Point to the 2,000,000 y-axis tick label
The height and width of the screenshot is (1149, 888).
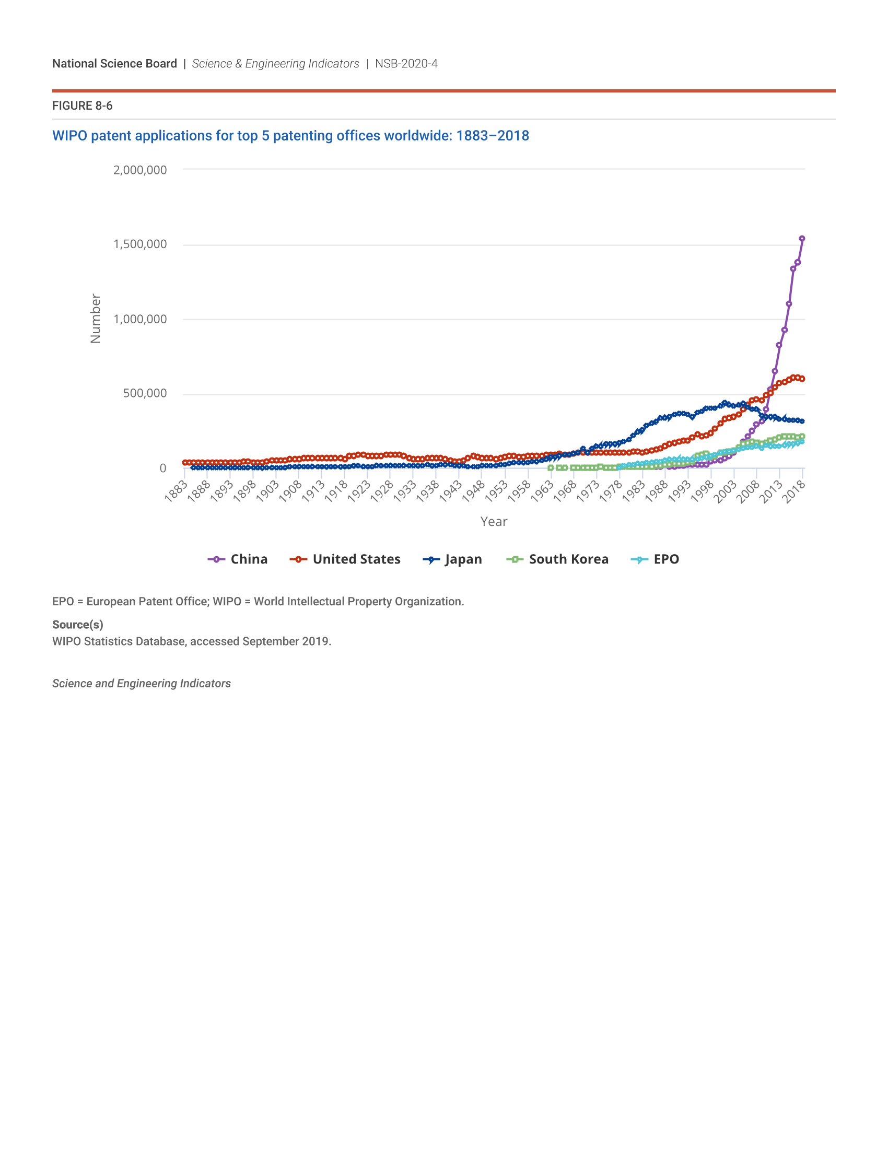(x=140, y=170)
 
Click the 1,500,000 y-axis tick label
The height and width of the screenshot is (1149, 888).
(x=140, y=244)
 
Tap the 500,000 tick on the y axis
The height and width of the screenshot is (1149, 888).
(x=145, y=393)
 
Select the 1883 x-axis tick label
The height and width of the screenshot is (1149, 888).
(x=176, y=491)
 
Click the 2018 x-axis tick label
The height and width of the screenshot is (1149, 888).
(x=794, y=491)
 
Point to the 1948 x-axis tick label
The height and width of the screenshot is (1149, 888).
(x=473, y=491)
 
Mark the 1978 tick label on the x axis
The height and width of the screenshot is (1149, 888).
(x=611, y=491)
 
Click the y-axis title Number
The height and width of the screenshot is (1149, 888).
(x=95, y=318)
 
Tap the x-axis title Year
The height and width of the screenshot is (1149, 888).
(x=494, y=521)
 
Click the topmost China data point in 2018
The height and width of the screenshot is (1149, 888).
(x=802, y=239)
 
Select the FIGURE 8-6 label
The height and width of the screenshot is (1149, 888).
(x=82, y=105)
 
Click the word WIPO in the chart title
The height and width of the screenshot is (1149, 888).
(x=69, y=136)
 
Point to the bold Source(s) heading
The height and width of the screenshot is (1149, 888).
(x=77, y=625)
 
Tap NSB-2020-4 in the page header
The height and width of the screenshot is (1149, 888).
(x=406, y=64)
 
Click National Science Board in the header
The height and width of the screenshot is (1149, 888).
(x=115, y=64)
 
